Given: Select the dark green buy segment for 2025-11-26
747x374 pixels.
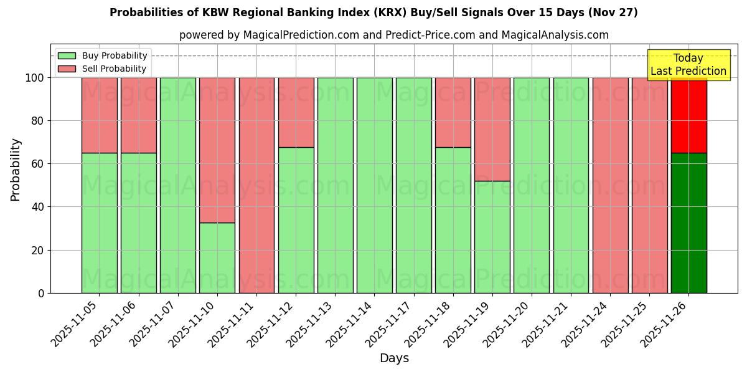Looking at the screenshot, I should point(688,223).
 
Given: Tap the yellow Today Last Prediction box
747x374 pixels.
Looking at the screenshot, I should point(688,65).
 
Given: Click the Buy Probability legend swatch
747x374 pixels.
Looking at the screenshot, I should point(67,56).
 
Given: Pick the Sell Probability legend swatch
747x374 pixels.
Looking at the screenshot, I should point(67,69).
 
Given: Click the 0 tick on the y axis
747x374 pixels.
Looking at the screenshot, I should point(41,293).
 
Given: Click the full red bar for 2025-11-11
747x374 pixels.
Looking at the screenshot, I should point(256,185).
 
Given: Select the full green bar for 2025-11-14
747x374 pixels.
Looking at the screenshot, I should point(374,185).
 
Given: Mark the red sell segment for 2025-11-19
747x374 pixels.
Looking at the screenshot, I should point(492,129).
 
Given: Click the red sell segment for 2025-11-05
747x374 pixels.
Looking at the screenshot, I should point(100,115).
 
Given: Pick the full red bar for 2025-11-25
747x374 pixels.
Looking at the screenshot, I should point(649,185).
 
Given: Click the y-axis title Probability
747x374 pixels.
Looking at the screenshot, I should point(16,170).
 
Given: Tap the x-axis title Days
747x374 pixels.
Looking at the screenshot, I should point(394,358).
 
